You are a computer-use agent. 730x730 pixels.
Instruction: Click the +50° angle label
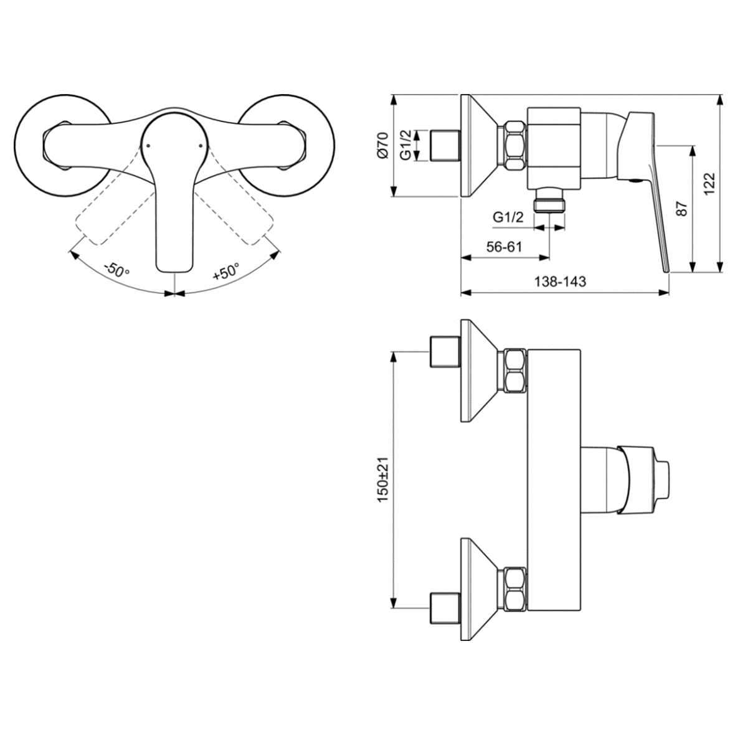[x=226, y=271]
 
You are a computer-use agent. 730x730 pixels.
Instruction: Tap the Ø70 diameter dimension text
[x=382, y=146]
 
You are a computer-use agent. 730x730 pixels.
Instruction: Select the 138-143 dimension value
[x=559, y=282]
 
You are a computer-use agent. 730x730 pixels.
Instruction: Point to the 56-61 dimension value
[x=504, y=246]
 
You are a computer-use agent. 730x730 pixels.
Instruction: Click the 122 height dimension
[x=709, y=183]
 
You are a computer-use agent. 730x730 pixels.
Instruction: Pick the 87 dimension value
[x=681, y=208]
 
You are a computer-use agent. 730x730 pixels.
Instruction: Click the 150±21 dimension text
[x=382, y=480]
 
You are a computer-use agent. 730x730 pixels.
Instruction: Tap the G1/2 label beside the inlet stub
[x=405, y=146]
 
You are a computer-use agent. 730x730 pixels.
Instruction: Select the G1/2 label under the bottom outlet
[x=508, y=217]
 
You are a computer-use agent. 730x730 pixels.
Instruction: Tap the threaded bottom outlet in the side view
[x=549, y=200]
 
